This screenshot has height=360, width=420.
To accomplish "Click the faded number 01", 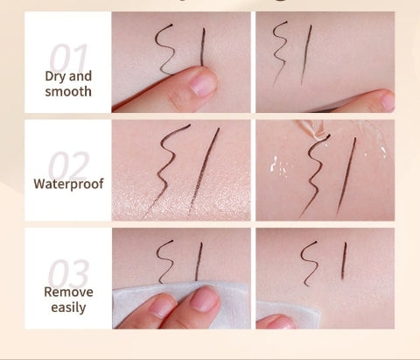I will [67, 60].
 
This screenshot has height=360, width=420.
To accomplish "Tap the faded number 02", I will [67, 166].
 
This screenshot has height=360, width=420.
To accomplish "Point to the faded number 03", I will [67, 273].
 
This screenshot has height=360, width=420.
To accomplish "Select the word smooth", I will [67, 91].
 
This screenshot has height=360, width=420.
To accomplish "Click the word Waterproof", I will [68, 184].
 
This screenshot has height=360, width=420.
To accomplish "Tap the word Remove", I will [68, 291].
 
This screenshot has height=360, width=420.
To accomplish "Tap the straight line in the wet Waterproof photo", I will [348, 175].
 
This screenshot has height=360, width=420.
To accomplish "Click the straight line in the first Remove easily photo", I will [199, 262].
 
